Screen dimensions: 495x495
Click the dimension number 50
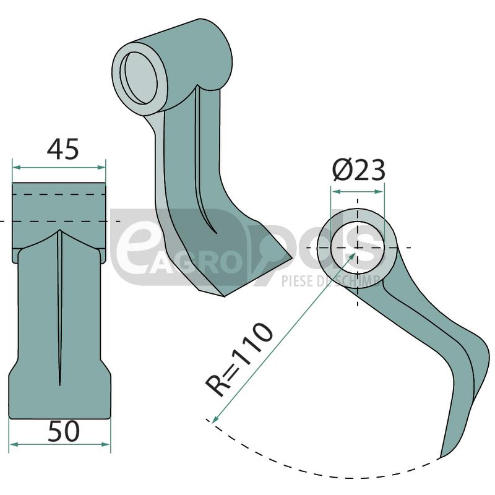click(x=63, y=431)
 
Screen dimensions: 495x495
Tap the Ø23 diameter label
click(x=358, y=170)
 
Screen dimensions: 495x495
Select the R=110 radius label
click(x=239, y=359)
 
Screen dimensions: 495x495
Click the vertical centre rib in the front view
click(x=59, y=309)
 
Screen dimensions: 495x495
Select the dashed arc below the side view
click(x=322, y=473)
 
